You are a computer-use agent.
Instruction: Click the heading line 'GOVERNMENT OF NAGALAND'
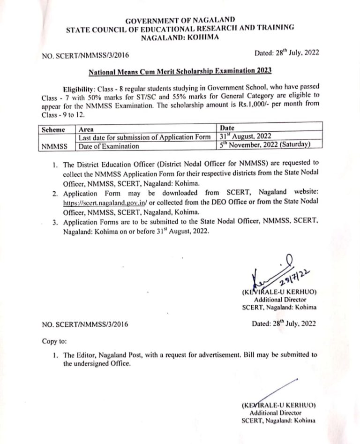180,20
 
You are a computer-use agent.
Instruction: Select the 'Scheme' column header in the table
52,128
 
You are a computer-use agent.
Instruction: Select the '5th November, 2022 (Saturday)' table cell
265,146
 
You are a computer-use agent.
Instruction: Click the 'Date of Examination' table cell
109,146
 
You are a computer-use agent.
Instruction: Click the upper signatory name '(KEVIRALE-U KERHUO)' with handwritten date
279,292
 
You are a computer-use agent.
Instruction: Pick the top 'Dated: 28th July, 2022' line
286,53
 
